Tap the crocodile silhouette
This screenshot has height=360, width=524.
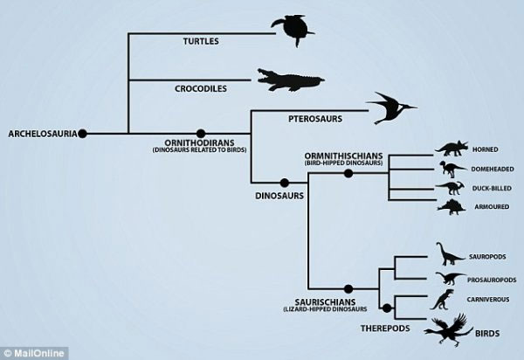(288, 80)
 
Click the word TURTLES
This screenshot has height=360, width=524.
(202, 41)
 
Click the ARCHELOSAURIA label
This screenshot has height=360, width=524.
(40, 134)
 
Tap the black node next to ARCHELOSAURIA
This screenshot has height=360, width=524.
(83, 134)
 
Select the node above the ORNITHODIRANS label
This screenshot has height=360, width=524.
(200, 134)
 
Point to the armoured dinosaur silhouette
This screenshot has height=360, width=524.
(452, 207)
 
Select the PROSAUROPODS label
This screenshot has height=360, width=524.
(493, 279)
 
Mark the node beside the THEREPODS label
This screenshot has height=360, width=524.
(385, 307)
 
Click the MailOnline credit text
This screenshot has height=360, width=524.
(29, 350)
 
